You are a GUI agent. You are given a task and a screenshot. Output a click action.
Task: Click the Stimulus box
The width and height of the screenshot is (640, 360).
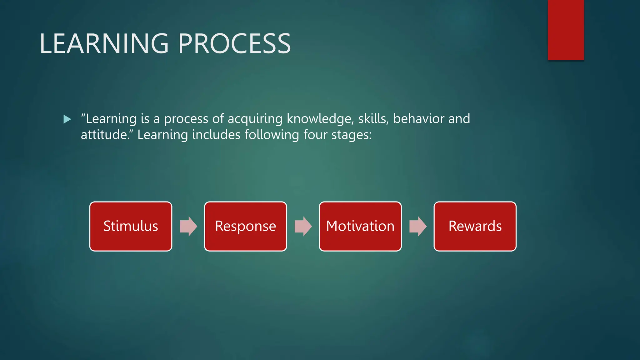click(131, 226)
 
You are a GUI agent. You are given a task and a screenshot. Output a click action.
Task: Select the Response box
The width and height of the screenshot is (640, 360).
click(245, 226)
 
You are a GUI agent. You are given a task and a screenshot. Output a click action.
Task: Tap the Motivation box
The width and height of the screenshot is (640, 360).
click(360, 226)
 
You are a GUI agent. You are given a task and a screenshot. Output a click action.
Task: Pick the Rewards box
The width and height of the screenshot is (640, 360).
click(475, 226)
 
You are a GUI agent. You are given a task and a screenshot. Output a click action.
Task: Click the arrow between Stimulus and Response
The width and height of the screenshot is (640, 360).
click(188, 226)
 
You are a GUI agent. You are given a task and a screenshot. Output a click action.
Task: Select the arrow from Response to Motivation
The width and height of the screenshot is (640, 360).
click(303, 226)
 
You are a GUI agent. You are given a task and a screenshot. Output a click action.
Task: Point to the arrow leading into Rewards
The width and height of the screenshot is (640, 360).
click(417, 226)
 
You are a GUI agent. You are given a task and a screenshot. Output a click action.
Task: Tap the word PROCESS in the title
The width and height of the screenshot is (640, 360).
click(234, 44)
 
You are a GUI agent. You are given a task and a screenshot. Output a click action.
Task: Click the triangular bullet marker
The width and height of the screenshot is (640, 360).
click(67, 119)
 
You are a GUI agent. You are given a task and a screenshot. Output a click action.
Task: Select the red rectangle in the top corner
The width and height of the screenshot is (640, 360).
click(566, 30)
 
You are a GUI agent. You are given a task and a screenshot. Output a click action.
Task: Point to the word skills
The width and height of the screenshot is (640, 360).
click(373, 119)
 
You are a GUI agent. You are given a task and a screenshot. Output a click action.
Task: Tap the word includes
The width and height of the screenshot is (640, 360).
click(216, 135)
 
